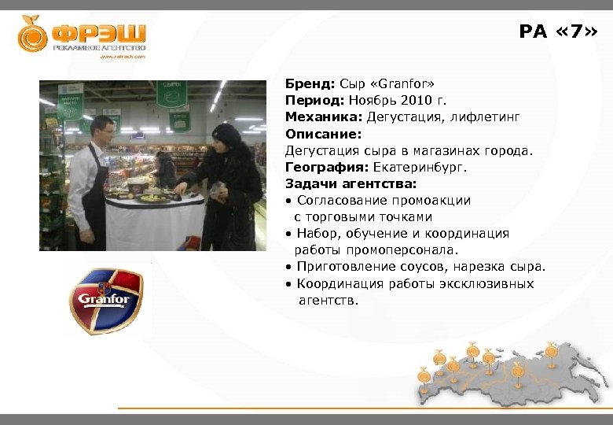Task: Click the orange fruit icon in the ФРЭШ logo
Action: tap(32, 34)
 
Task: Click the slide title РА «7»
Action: tap(557, 32)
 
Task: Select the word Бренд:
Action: tap(310, 83)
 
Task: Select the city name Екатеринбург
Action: tap(424, 167)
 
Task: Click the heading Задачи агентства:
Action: tap(340, 183)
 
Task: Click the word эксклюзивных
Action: tap(492, 283)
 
